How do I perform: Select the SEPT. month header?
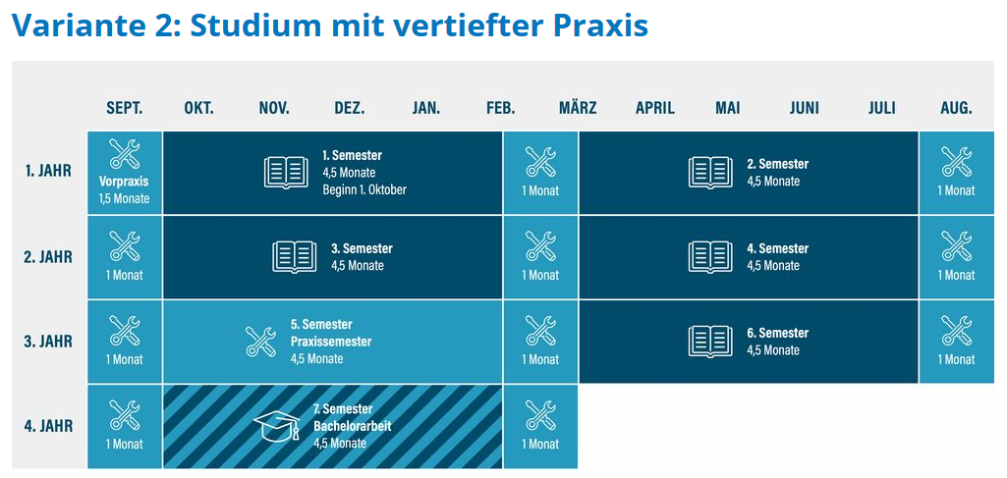coord(125,108)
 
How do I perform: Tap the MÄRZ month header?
coord(578,107)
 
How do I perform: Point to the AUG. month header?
coord(956,108)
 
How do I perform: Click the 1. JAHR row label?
coord(49,172)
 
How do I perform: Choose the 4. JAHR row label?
coord(49,426)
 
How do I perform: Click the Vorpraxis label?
coord(124,182)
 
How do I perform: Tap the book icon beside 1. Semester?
coord(286,172)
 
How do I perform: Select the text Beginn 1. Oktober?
coord(364,189)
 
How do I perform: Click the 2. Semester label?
coord(778,164)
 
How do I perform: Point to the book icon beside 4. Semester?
coord(710,256)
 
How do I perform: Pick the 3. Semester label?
coord(363,248)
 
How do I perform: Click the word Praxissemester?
coord(331,342)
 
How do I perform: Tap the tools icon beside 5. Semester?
coord(260,342)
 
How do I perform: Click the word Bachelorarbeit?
coord(353,426)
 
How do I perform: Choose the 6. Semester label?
coord(778,333)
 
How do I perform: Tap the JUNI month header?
coord(804,108)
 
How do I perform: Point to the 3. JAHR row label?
coord(49,342)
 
